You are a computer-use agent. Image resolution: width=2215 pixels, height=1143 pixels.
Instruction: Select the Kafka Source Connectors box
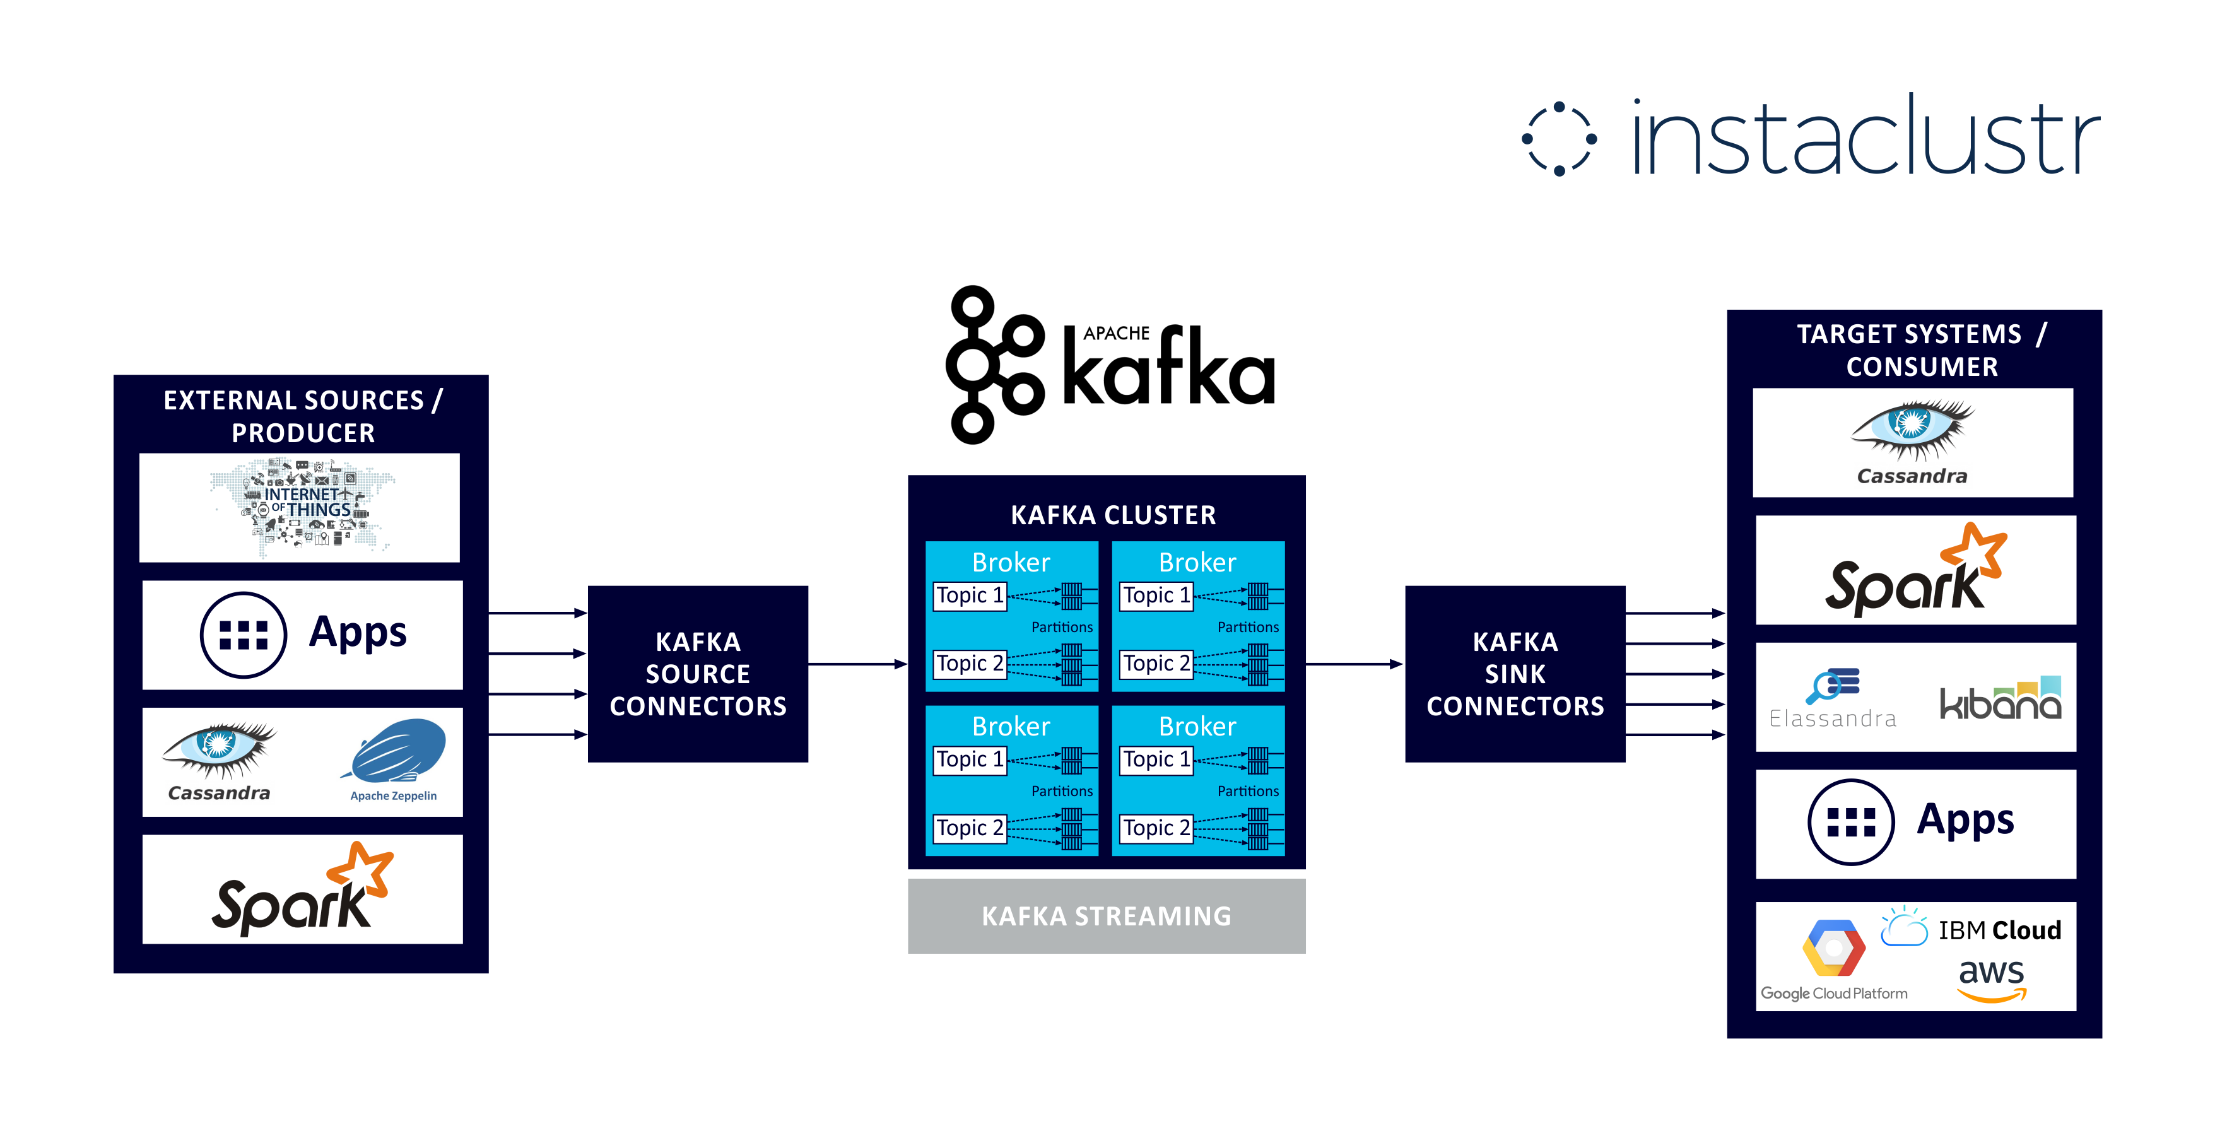[697, 674]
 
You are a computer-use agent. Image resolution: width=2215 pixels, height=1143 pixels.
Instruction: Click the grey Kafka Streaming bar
[1107, 916]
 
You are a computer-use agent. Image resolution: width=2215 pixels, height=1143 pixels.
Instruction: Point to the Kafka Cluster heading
[1113, 515]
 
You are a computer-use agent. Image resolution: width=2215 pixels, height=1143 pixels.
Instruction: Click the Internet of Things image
[301, 507]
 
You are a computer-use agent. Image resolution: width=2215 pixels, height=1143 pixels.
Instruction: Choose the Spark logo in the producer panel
[302, 889]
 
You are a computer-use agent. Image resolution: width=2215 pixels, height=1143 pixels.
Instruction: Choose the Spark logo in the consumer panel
[1916, 570]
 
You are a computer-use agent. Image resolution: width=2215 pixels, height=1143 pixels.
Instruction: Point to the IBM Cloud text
[1999, 930]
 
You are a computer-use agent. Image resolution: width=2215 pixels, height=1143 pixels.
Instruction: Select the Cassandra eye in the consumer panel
[1912, 429]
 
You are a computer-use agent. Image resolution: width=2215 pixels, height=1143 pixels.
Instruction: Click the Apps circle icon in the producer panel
[244, 635]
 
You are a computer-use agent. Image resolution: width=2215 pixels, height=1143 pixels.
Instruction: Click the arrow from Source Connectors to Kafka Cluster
[858, 664]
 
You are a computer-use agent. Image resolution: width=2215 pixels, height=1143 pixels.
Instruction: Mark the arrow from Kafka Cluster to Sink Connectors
[1355, 664]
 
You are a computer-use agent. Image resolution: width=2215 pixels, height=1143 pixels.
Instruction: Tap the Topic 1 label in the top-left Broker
[969, 595]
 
